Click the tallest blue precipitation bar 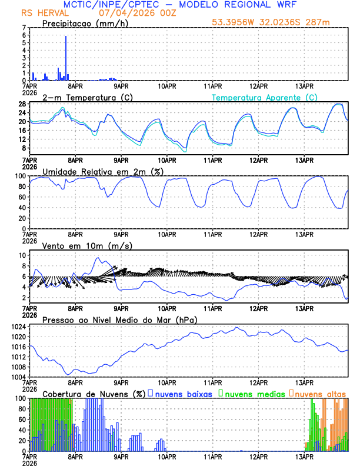tap(66, 58)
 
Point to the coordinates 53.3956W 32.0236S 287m tap(271, 22)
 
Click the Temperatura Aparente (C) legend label tap(265, 97)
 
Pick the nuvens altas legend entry tap(319, 394)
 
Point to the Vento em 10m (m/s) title tap(87, 245)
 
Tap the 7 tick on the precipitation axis tap(25, 28)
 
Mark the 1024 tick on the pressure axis tap(19, 327)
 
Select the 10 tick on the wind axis tap(23, 255)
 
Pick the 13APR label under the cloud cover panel tap(304, 456)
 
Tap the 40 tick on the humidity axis tap(23, 207)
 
